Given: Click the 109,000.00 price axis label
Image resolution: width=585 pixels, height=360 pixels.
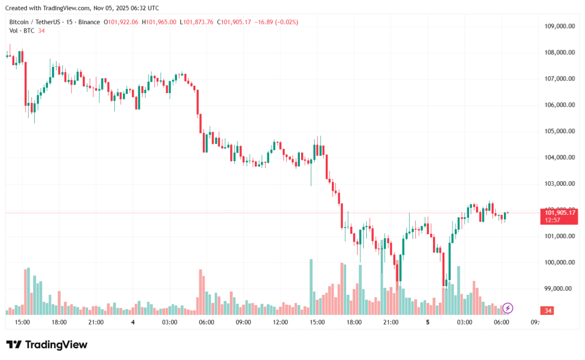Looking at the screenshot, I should click(x=559, y=26).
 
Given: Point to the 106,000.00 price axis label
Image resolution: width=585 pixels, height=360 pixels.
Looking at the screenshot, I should click(x=559, y=105).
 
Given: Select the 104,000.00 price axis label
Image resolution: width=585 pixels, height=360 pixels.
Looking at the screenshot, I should click(x=559, y=158).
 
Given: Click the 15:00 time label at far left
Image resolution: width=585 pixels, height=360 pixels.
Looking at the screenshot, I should click(x=22, y=322).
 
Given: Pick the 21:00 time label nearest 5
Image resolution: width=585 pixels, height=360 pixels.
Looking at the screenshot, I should click(x=391, y=322).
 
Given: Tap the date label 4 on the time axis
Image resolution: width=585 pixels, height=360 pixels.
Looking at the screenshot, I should click(x=133, y=322).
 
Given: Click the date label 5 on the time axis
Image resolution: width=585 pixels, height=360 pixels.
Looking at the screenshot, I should click(x=427, y=322).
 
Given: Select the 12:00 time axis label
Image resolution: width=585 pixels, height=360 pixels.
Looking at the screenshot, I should click(x=280, y=322).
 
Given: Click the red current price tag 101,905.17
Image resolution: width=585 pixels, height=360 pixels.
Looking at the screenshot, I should click(x=560, y=213).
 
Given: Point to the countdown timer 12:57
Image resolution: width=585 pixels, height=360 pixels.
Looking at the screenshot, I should click(x=553, y=220).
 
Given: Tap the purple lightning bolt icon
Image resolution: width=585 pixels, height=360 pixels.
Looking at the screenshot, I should click(x=508, y=308).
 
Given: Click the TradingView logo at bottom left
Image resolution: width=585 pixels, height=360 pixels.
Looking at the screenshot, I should click(x=47, y=345).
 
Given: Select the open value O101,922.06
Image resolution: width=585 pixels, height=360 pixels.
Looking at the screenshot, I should click(x=122, y=22).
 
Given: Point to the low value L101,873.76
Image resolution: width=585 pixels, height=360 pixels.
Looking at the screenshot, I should click(x=197, y=22).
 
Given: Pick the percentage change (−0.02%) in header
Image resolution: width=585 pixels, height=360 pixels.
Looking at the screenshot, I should click(x=286, y=22).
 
